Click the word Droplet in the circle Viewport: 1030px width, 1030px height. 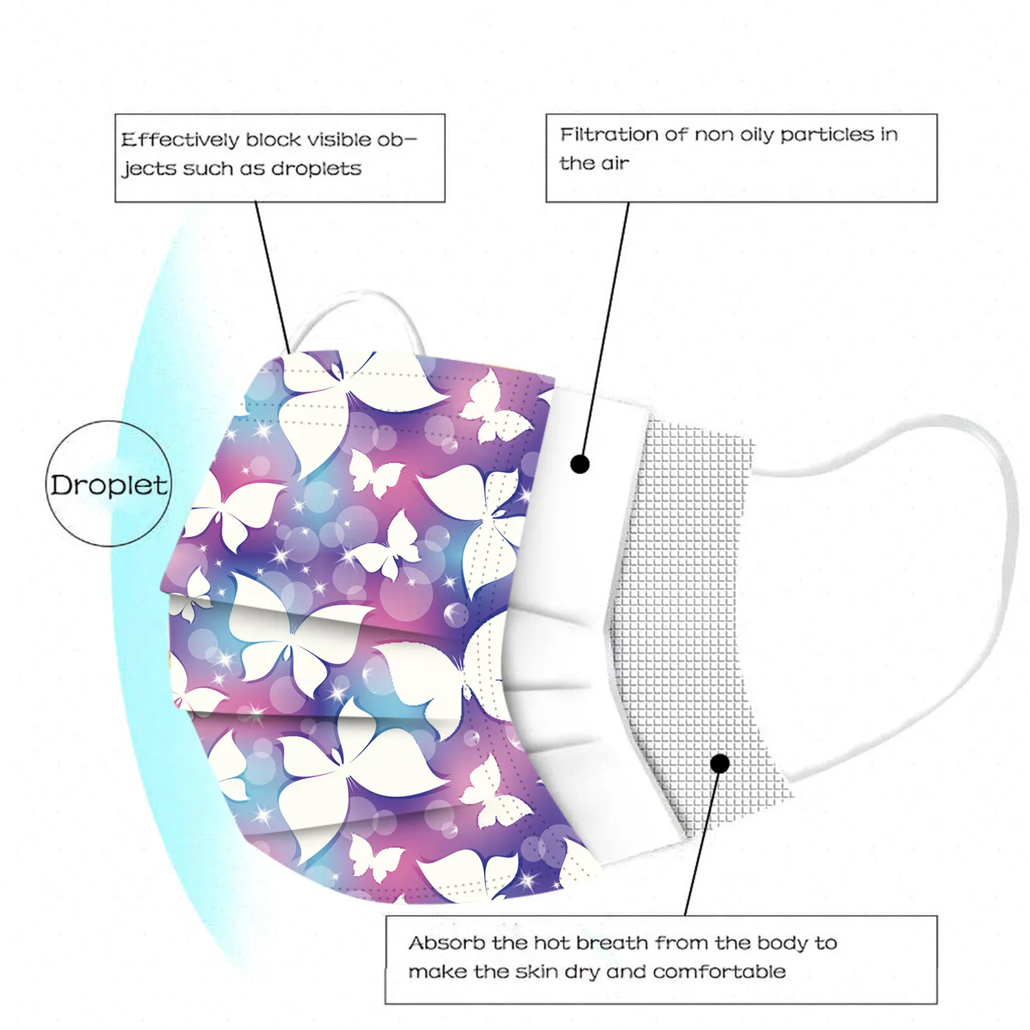(109, 485)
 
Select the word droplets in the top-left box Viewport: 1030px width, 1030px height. (316, 169)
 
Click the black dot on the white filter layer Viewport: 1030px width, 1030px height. (580, 464)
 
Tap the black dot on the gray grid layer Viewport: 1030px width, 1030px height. (720, 763)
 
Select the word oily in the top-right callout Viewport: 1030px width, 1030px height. (756, 135)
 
